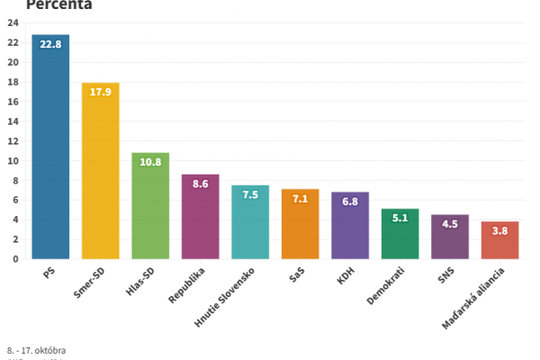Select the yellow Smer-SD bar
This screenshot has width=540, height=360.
pyautogui.click(x=100, y=171)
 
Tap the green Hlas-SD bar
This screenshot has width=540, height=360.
pyautogui.click(x=150, y=206)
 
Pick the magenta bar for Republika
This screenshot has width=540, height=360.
pyautogui.click(x=200, y=217)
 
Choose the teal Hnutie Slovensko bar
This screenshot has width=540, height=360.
pyautogui.click(x=250, y=222)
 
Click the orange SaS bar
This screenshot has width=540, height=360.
pyautogui.click(x=300, y=224)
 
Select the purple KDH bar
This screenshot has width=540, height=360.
pyautogui.click(x=350, y=226)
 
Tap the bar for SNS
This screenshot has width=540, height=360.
pyautogui.click(x=449, y=237)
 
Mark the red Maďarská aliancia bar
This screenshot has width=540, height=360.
pyautogui.click(x=499, y=240)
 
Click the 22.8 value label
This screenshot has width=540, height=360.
pyautogui.click(x=50, y=44)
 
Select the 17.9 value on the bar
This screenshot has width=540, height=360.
pyautogui.click(x=100, y=93)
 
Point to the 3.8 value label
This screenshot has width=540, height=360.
pyautogui.click(x=499, y=231)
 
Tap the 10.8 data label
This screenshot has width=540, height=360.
pyautogui.click(x=150, y=163)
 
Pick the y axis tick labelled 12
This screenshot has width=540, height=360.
pyautogui.click(x=13, y=141)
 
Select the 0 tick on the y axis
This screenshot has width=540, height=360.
pyautogui.click(x=16, y=259)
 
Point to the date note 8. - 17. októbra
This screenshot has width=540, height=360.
pyautogui.click(x=36, y=350)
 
